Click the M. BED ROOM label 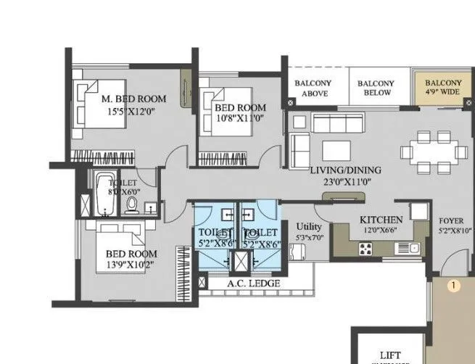(x=133, y=99)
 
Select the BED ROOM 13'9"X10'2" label (x=131, y=254)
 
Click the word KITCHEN (x=381, y=220)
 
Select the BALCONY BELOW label (x=375, y=88)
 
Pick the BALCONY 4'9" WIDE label (x=442, y=88)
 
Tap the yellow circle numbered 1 (x=453, y=286)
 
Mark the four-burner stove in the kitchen (x=364, y=249)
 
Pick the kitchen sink (x=402, y=249)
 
